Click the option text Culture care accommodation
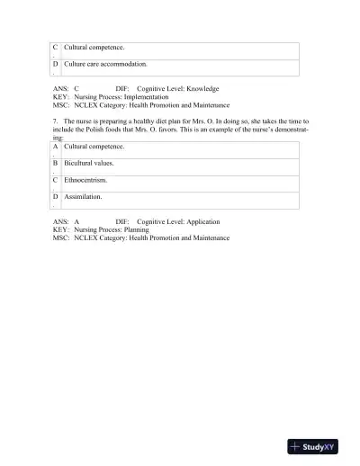(x=105, y=65)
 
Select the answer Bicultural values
(x=89, y=163)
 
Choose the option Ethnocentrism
(x=85, y=180)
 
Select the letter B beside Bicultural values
(x=56, y=163)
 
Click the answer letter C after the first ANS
(x=76, y=89)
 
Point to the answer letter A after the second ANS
(x=77, y=221)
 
